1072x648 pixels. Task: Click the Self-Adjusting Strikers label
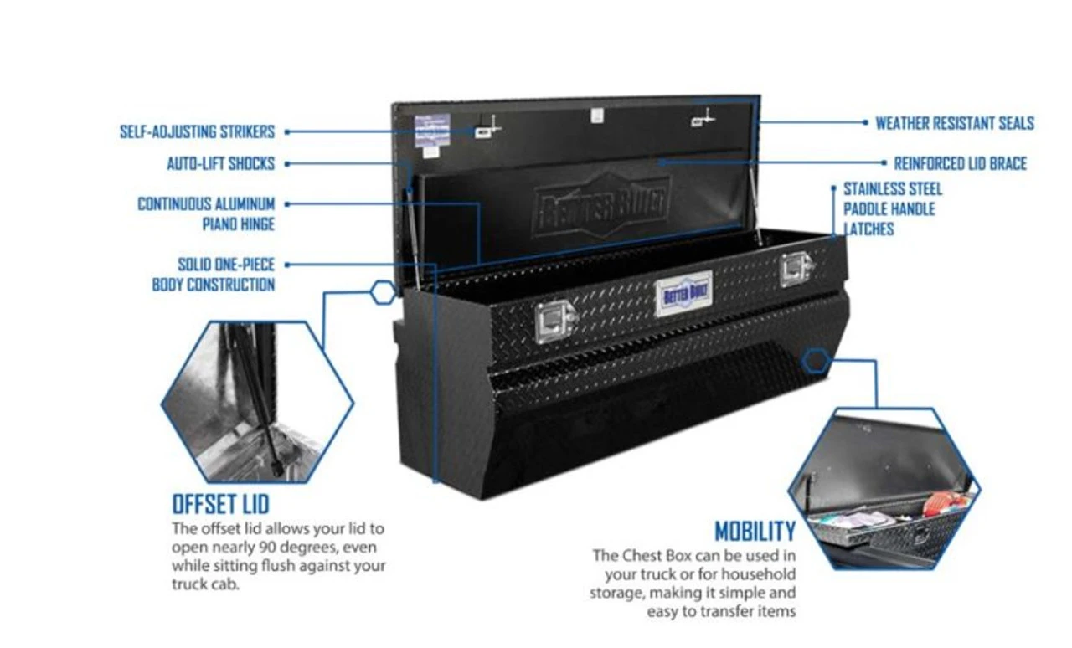tap(197, 132)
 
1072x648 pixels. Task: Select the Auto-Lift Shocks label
tap(220, 164)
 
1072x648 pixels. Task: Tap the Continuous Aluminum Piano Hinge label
tap(206, 213)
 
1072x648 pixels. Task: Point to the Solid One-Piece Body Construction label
tap(214, 275)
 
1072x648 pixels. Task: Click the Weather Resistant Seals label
tap(955, 124)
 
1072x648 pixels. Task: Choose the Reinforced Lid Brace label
tap(960, 163)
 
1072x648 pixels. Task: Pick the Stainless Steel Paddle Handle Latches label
tap(892, 208)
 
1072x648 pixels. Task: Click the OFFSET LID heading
tap(220, 504)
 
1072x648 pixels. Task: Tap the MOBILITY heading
tap(755, 531)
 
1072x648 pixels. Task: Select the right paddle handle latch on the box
tap(796, 270)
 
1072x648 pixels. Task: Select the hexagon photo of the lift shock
tap(257, 402)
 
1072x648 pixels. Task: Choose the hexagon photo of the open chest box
tap(884, 489)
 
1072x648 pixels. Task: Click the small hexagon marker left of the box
tap(383, 292)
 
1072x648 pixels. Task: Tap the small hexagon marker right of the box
tap(816, 362)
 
